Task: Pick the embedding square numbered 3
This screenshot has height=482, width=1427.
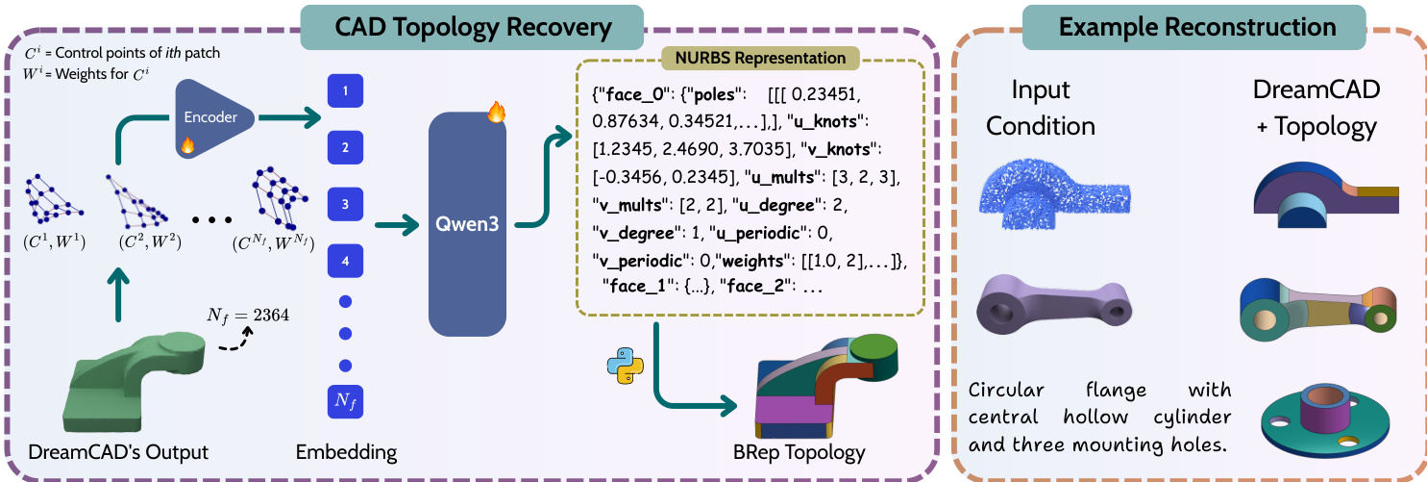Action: (345, 204)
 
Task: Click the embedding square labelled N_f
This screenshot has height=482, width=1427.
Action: (345, 399)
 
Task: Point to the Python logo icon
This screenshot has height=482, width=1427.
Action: (621, 368)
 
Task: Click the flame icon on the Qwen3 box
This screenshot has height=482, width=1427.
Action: (496, 114)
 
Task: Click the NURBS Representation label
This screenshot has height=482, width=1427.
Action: (749, 59)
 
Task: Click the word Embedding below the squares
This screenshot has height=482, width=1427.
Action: (346, 450)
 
